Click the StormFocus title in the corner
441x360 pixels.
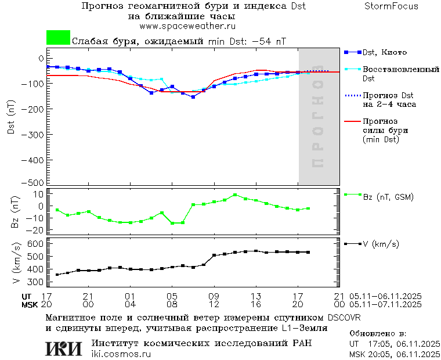[391, 6]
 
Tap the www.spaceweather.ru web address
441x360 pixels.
[187, 26]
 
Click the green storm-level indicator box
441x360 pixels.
[58, 38]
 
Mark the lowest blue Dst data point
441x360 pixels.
[193, 97]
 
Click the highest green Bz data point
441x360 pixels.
[235, 195]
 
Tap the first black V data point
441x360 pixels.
[57, 275]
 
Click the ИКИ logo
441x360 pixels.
[63, 348]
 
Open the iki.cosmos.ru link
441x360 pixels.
[121, 354]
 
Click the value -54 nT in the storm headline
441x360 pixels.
[270, 42]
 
